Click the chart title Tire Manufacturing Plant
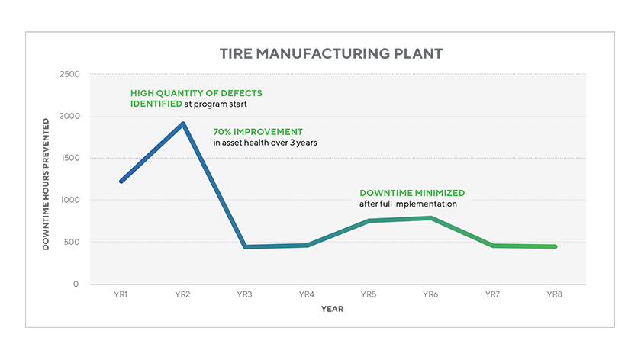pos(330,54)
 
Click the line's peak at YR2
pos(183,124)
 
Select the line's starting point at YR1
pos(121,182)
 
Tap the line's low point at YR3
pos(246,247)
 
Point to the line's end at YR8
pos(555,246)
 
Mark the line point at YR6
pos(431,218)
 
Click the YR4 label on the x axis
pos(307,294)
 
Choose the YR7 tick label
pos(493,294)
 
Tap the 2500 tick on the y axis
pos(69,75)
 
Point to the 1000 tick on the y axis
pos(69,201)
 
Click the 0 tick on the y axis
pos(76,284)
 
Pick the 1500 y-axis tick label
pos(69,159)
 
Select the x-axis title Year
pos(332,309)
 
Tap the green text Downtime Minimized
pos(412,193)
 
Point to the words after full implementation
pos(407,204)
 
